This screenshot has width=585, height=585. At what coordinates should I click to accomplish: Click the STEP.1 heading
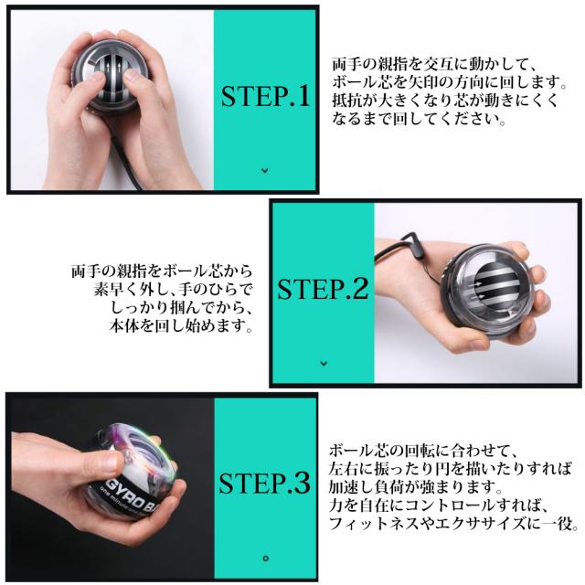265,96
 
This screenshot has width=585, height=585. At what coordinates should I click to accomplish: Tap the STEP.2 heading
323,289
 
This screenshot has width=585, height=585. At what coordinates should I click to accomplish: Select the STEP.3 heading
264,484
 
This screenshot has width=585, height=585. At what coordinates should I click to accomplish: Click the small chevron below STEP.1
265,171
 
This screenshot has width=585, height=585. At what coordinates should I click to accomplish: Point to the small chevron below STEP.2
324,363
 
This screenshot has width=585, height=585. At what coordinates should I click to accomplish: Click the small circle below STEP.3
266,558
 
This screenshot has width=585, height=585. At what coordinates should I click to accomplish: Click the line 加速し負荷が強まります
415,486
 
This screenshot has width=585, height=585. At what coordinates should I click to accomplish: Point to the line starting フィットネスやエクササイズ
453,523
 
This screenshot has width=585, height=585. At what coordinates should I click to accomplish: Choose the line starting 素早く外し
174,289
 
